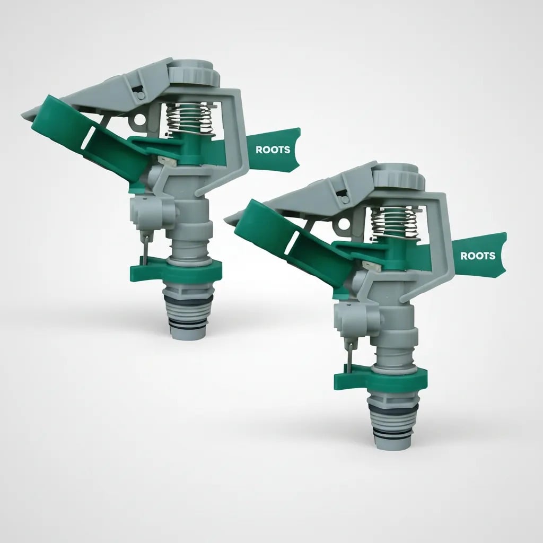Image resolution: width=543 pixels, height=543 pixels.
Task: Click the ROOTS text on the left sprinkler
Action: (x=273, y=150)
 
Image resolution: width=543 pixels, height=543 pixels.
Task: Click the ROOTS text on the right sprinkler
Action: (x=478, y=256)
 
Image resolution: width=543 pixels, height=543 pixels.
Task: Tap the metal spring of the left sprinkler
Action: (x=189, y=119)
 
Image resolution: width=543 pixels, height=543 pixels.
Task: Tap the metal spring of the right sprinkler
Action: (x=395, y=223)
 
